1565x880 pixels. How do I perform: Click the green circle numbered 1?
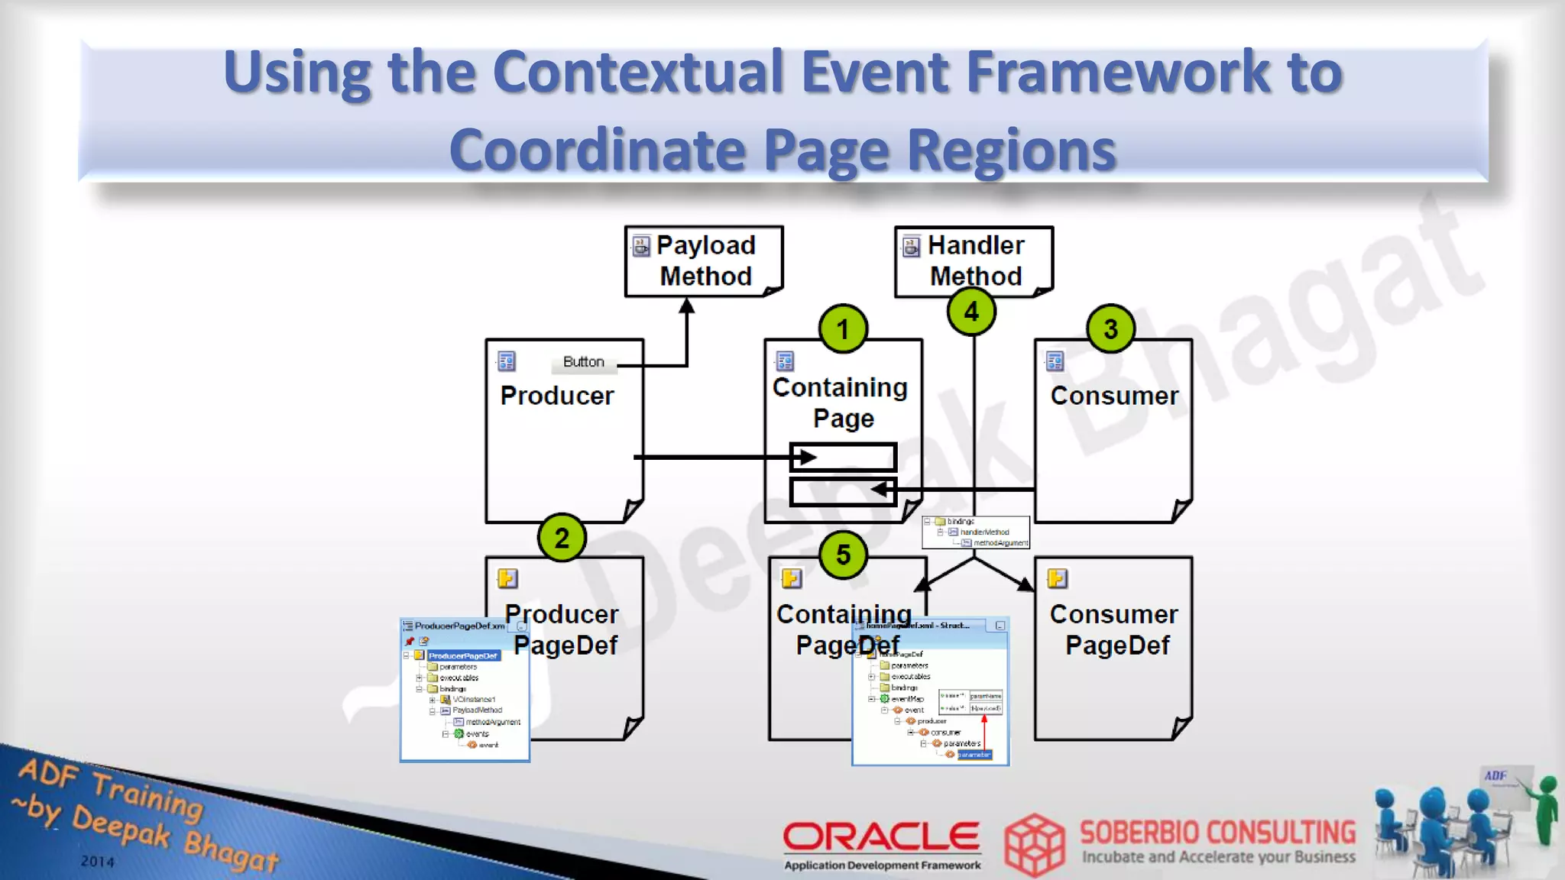(843, 329)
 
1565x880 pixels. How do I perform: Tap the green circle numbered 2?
(562, 538)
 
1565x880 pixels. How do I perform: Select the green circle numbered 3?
(1110, 329)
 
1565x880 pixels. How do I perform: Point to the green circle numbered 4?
(971, 312)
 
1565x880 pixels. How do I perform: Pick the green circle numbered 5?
(843, 555)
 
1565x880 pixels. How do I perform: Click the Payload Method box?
(704, 260)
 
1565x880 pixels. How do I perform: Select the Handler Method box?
(974, 260)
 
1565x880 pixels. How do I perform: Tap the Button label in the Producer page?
(583, 362)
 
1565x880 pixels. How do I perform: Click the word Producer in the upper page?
(557, 396)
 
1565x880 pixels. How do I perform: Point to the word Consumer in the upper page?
(1114, 396)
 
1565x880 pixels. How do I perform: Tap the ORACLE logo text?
(881, 836)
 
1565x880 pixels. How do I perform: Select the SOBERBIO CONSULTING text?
(1217, 833)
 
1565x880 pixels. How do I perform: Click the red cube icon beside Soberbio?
(1034, 844)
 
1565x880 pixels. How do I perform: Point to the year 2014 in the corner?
(97, 861)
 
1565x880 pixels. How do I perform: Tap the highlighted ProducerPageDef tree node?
(462, 655)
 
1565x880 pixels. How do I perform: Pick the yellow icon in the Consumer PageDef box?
(1058, 578)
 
